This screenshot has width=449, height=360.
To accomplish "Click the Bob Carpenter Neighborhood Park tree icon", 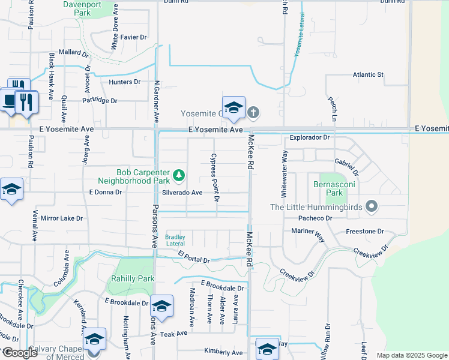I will point(178,175).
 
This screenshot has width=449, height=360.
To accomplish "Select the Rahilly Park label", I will point(133,278).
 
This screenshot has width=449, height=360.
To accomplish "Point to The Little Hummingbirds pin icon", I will point(372,207).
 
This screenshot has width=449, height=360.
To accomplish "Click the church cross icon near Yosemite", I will point(253,112).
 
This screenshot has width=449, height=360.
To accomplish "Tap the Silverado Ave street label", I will point(182,193).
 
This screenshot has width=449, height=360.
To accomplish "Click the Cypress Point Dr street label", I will point(214,176).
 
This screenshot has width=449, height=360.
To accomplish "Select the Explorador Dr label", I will point(310,137).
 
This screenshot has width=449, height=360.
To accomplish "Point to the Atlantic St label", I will point(368,74).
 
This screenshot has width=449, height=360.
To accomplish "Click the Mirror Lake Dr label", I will point(62,218).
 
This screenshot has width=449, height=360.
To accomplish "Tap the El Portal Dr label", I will point(193,260).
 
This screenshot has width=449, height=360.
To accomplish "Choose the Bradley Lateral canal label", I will point(175,240).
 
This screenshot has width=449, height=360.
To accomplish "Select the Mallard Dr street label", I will point(74,53).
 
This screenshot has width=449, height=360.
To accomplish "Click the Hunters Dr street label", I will point(124,82).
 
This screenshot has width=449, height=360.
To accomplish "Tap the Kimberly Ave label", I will point(223,352).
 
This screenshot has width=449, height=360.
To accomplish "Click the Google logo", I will point(19,353).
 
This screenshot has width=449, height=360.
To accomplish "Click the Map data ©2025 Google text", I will point(411,355).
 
